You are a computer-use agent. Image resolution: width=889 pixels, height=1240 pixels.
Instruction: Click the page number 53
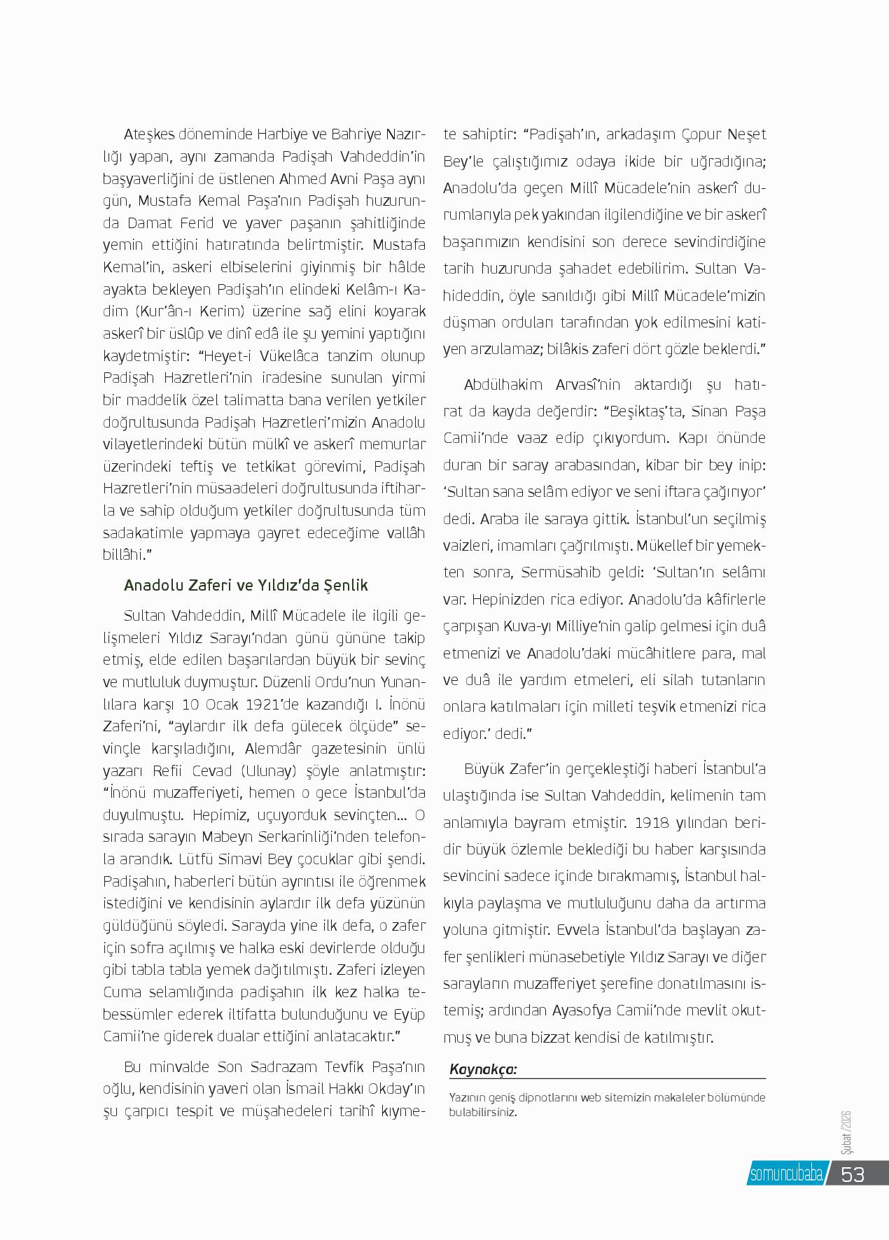853,1174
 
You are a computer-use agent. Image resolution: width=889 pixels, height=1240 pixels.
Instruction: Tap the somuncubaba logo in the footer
786,1174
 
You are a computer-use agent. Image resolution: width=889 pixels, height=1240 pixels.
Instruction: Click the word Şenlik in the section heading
342,585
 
